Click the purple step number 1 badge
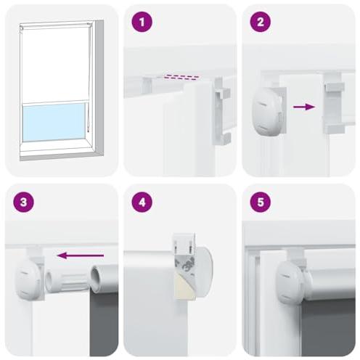[142, 22]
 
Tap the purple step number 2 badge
[261, 22]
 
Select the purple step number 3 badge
[23, 202]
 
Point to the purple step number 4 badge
[142, 202]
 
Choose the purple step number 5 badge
[261, 202]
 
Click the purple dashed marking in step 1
[181, 77]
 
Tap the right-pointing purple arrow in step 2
[304, 107]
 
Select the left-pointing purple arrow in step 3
[81, 255]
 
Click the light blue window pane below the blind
[54, 122]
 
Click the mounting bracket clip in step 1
[221, 111]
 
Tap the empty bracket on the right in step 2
[334, 103]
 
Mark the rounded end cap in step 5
[290, 282]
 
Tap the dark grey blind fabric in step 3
[104, 324]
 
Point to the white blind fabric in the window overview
[54, 63]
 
